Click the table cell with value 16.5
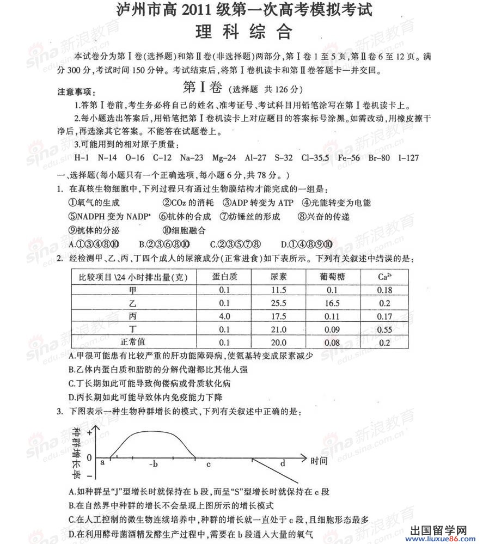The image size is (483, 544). (332, 303)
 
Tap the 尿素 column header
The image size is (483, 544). (278, 277)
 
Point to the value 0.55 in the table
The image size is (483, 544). (384, 329)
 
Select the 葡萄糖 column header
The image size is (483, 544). (332, 277)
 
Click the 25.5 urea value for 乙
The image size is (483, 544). (278, 303)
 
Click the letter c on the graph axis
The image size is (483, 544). (208, 464)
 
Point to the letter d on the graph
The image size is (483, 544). (283, 463)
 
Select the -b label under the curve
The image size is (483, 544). (153, 464)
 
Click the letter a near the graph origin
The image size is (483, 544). (102, 462)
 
